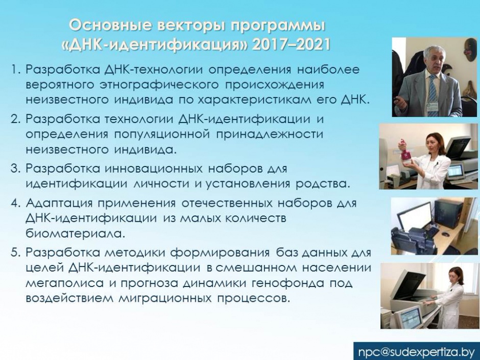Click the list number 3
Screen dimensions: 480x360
[x=15, y=169]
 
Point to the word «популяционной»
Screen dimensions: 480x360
[x=162, y=135]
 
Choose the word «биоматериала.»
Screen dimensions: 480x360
[x=75, y=233]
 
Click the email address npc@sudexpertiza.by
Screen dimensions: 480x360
[x=416, y=351]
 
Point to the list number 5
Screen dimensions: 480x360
[x=15, y=253]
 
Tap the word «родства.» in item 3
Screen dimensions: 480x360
[x=322, y=184]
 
